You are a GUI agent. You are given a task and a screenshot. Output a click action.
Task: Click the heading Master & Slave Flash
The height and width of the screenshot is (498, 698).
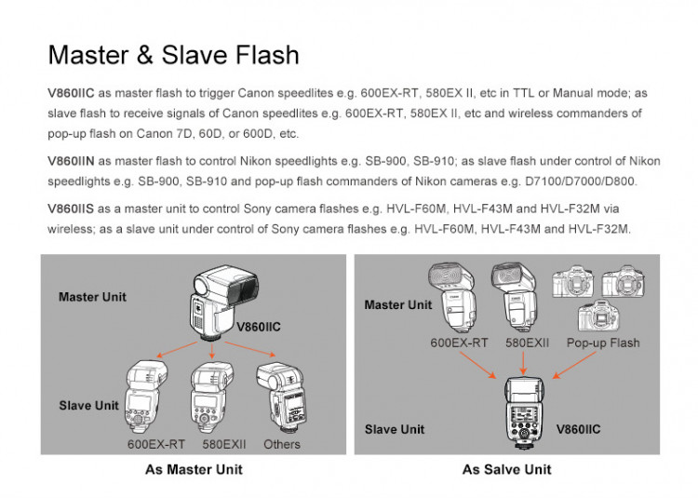[173, 55]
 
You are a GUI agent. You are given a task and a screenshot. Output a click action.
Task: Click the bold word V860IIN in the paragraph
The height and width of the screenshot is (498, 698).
[71, 161]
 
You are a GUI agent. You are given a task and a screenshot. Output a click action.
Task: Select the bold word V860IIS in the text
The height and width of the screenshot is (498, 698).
[71, 209]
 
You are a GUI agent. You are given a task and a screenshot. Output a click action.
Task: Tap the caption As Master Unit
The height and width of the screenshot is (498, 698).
[194, 469]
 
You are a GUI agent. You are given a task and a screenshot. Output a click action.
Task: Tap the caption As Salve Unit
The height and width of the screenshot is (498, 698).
[506, 469]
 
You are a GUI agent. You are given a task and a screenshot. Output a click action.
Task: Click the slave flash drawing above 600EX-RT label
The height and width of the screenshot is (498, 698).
[146, 397]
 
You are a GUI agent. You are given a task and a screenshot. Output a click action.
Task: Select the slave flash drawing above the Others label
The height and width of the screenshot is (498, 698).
[281, 397]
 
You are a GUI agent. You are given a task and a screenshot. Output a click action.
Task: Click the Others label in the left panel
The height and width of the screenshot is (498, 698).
[282, 444]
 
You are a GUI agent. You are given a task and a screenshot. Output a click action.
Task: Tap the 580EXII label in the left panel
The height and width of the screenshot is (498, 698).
[224, 444]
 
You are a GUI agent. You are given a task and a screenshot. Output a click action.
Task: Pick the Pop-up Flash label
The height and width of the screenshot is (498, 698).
[603, 343]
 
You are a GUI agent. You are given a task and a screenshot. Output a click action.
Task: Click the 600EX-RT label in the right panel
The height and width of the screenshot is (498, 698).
[459, 343]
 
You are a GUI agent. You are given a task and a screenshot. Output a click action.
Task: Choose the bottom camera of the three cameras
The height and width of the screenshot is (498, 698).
[598, 316]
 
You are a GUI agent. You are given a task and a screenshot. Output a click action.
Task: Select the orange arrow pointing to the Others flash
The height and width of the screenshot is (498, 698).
[250, 349]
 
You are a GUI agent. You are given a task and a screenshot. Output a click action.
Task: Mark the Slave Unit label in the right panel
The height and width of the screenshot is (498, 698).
[395, 429]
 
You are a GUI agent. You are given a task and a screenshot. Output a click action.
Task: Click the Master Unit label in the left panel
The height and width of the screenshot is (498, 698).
[92, 297]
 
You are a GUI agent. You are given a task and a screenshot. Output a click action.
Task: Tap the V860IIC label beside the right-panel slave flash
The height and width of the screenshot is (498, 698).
[578, 429]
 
